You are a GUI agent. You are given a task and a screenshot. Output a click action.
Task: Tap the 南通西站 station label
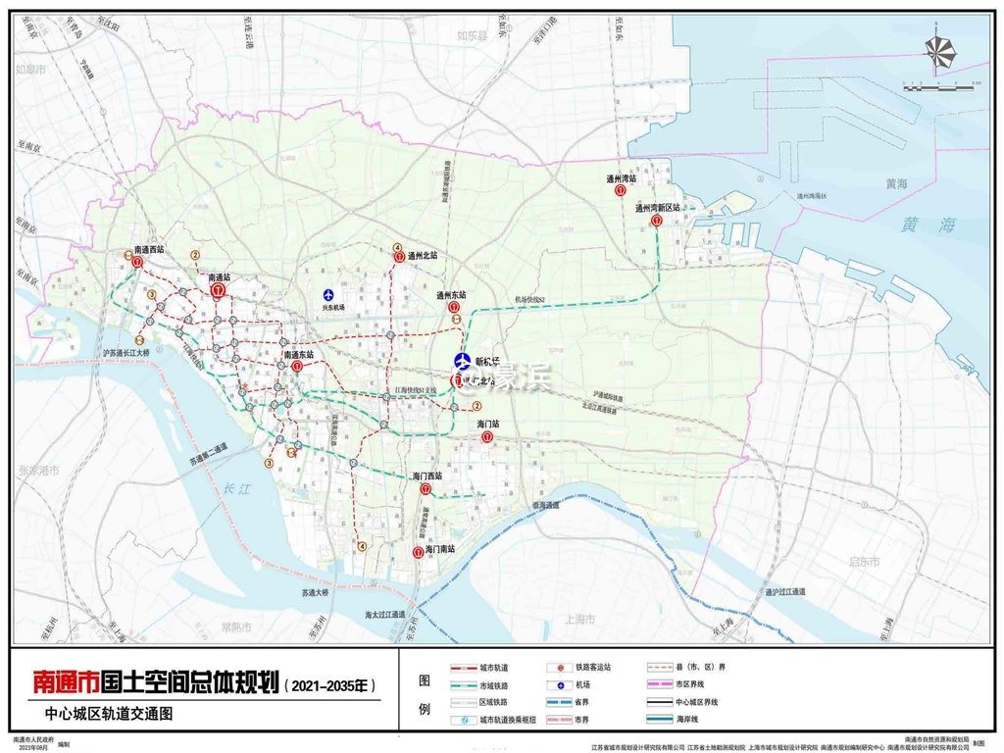[x=149, y=250]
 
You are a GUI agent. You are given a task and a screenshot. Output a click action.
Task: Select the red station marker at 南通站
[x=219, y=290]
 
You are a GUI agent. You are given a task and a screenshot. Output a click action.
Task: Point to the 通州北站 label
[x=423, y=255]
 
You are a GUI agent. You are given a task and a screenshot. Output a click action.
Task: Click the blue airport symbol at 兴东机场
[x=330, y=294]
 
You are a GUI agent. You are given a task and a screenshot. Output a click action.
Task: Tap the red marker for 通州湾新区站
[x=657, y=222]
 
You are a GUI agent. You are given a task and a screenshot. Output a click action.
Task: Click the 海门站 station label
[x=488, y=425]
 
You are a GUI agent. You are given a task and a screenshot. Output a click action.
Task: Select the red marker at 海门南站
[x=419, y=553]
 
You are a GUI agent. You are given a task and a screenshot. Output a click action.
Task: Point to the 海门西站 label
[x=427, y=476]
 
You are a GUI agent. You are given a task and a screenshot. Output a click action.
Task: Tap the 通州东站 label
[x=451, y=294]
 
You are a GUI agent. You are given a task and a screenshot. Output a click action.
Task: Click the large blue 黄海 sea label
[x=929, y=225]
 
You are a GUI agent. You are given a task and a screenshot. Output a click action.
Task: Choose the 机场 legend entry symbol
[x=557, y=684]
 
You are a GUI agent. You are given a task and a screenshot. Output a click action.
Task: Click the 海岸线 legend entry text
[x=690, y=720]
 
